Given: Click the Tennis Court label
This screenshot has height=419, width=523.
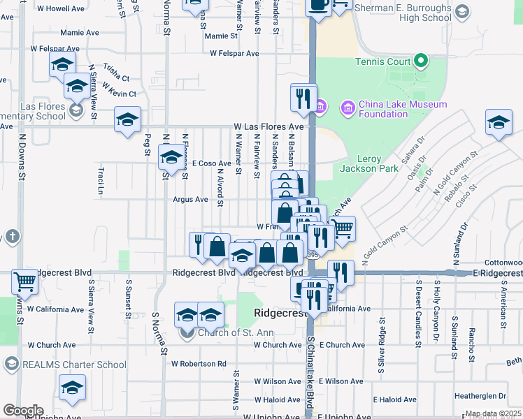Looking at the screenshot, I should [x=383, y=62].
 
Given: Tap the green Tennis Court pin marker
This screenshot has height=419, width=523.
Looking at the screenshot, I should [x=420, y=61].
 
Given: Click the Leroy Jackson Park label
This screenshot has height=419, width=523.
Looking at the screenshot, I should [x=368, y=163].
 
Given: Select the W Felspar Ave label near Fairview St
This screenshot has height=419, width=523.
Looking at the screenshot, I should [x=234, y=53].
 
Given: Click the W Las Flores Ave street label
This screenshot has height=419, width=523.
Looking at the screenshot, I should [x=268, y=127].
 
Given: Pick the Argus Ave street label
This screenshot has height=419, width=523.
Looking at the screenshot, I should [x=191, y=199].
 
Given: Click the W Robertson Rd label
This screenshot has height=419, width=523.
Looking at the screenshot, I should [x=199, y=363].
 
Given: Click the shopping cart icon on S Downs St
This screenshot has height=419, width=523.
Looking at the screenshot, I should [x=25, y=281].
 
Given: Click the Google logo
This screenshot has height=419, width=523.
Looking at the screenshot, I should [x=23, y=411].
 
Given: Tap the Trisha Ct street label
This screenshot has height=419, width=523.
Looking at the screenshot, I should [x=116, y=72].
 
